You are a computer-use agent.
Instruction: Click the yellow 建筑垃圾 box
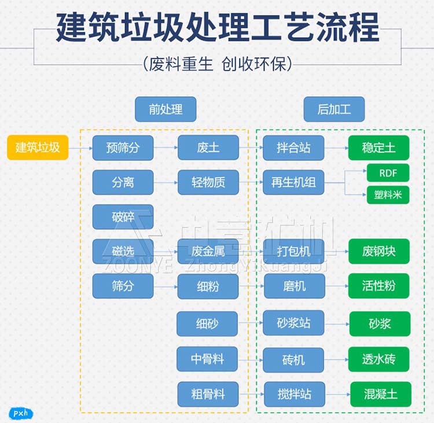tap(38, 148)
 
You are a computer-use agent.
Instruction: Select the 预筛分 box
tap(123, 148)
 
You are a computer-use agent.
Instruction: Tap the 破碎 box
tap(123, 217)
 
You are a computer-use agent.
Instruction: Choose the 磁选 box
tap(123, 251)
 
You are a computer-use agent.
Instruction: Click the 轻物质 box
tap(208, 182)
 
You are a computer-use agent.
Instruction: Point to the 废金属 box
tap(208, 251)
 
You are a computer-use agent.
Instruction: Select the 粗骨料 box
tap(208, 395)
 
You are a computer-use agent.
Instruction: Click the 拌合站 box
tap(293, 148)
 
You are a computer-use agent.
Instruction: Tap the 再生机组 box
tap(293, 182)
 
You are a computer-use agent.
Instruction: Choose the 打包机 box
tap(293, 251)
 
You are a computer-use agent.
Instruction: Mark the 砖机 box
tap(293, 359)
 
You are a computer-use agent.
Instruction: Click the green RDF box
tap(388, 172)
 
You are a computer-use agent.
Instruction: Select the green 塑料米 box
tap(388, 195)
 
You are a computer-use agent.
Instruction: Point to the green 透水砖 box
tap(379, 359)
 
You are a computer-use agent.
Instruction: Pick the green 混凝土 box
tap(381, 395)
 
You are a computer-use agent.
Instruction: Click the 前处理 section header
tap(165, 109)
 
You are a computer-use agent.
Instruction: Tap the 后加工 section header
tap(334, 109)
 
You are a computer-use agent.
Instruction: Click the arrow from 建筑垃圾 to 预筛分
tap(80, 149)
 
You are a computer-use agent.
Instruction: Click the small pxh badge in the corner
tap(21, 413)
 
